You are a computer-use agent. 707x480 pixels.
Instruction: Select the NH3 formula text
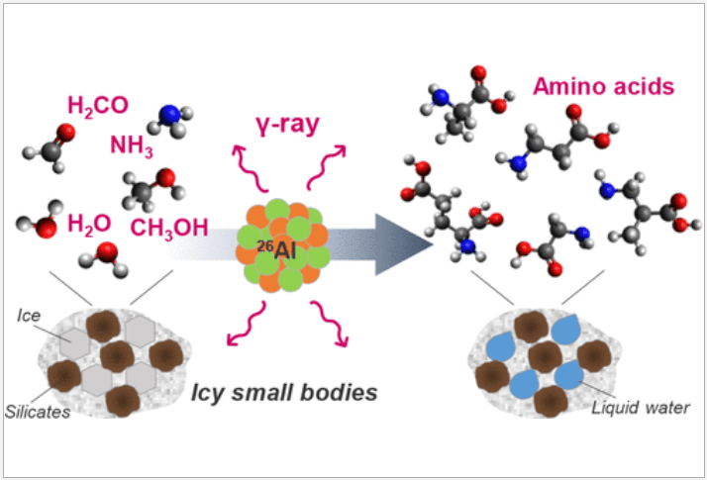coord(132,147)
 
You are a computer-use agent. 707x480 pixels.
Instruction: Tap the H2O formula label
coord(89,224)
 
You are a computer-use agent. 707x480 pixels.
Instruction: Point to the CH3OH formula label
coord(169,228)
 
